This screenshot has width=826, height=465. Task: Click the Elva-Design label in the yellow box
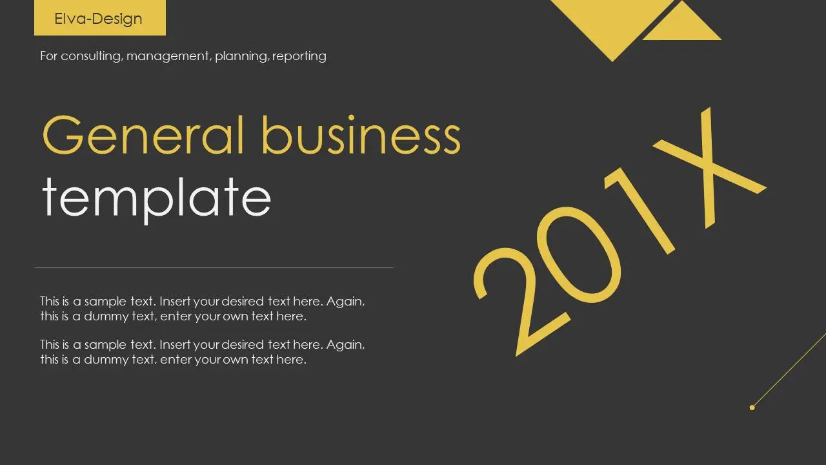98,19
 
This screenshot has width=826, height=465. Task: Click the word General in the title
143,135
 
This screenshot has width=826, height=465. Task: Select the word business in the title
361,134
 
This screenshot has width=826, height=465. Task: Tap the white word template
157,200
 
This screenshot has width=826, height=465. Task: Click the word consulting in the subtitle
91,56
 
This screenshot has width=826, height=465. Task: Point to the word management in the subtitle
169,56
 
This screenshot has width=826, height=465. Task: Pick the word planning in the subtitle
241,56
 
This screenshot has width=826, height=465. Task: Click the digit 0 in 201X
579,254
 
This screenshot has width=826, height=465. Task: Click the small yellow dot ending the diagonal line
752,408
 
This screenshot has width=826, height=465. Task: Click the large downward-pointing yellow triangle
612,22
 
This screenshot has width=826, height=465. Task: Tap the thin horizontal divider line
214,267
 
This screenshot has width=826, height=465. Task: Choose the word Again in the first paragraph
345,302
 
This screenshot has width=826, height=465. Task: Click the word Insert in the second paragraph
175,345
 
